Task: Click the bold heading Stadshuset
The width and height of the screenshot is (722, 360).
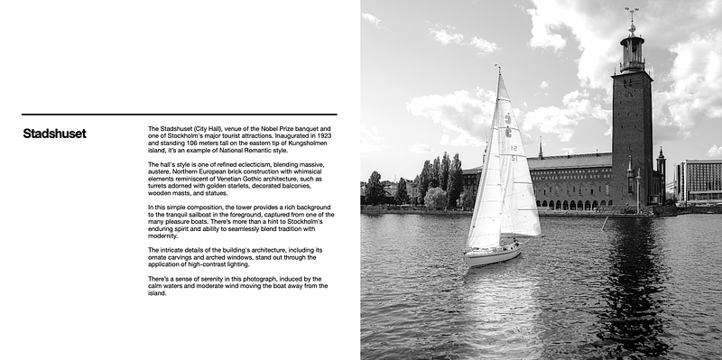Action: pos(54,134)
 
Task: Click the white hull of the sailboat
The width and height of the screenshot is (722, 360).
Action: pos(492,256)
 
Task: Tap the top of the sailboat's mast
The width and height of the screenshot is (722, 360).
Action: pos(497,67)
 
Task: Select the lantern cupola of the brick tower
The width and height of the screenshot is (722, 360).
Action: pos(633,52)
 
